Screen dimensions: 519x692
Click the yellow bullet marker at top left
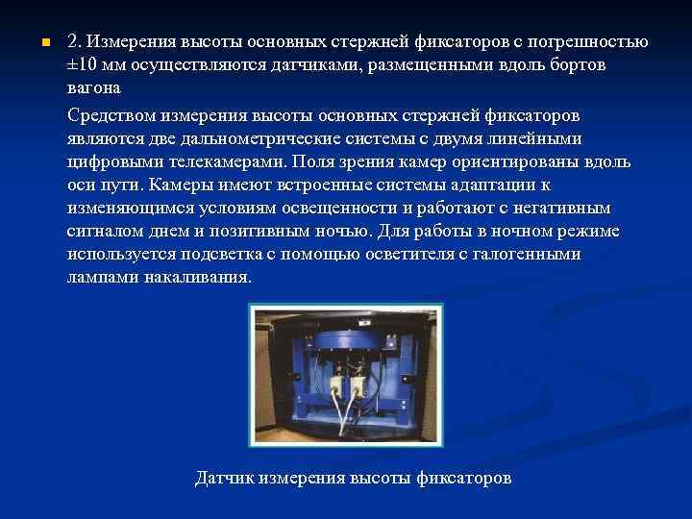[x=33, y=43]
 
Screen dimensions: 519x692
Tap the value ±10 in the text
[x=84, y=65]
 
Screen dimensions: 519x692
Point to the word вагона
[x=94, y=88]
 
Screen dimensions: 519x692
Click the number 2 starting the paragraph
[x=73, y=42]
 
